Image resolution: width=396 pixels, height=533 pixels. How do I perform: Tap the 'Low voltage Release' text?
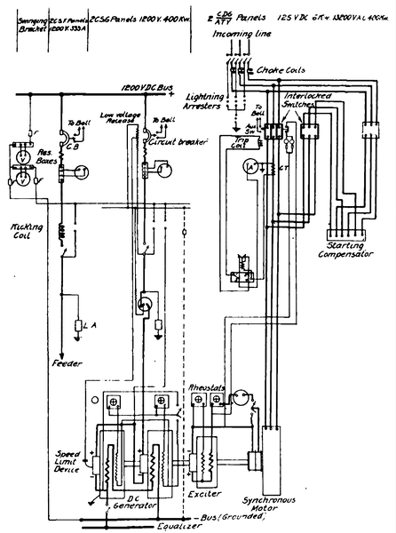point(121,120)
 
